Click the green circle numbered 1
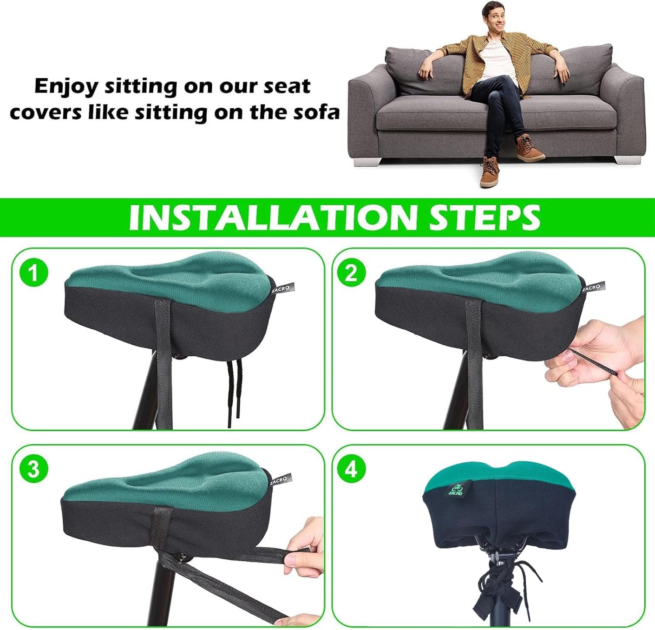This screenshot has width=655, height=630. coord(33,273)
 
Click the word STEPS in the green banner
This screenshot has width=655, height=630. coord(484,217)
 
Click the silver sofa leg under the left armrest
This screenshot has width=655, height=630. coord(366,161)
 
